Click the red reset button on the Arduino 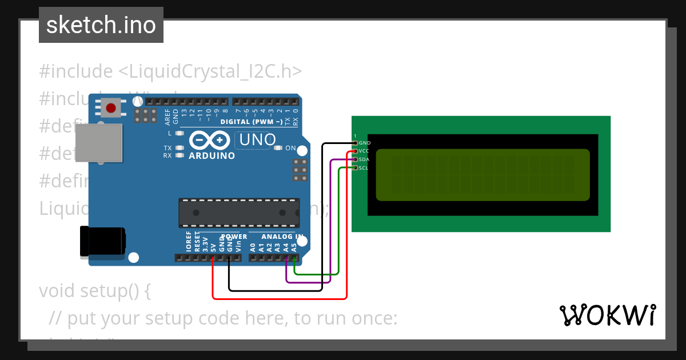tap(111, 108)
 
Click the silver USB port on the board tap(98, 143)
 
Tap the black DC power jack tap(102, 241)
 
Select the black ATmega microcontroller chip tap(238, 213)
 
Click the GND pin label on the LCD tap(365, 143)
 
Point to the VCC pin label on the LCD tap(364, 151)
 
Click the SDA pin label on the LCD tap(364, 159)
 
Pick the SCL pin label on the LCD tap(364, 168)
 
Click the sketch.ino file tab tap(101, 25)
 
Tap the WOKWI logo tap(607, 315)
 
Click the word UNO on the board tap(257, 139)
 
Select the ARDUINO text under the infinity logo tap(212, 156)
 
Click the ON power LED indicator tap(278, 148)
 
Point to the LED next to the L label tap(180, 133)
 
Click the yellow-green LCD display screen tap(482, 175)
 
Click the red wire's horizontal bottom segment tap(280, 298)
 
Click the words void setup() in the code tap(95, 290)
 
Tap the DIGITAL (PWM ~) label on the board tap(251, 122)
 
